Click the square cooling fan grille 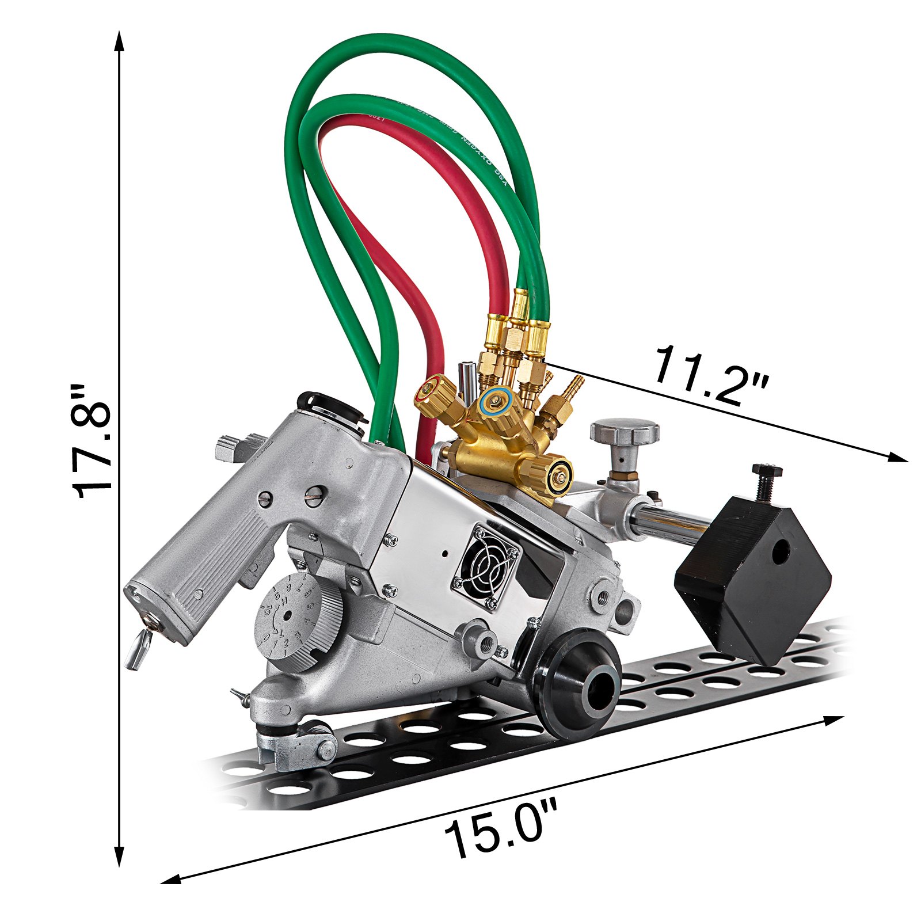click(x=488, y=558)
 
